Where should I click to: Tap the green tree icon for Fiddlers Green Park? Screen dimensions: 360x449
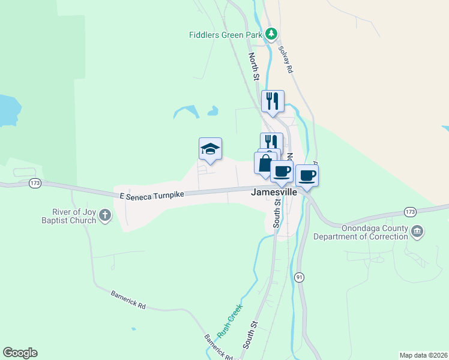[271, 34]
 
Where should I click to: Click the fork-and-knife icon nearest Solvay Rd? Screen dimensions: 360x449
[273, 101]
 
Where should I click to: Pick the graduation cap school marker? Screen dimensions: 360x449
[210, 149]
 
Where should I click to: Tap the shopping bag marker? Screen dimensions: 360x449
[265, 163]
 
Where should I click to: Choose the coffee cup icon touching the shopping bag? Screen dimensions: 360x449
[282, 171]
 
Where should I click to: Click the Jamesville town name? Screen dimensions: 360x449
[274, 193]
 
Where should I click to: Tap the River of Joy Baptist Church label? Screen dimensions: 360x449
[74, 215]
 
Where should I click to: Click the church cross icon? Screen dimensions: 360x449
[105, 215]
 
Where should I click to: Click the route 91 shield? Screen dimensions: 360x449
[299, 277]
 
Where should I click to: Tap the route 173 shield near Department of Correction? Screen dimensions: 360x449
[411, 212]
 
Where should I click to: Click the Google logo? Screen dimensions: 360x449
[20, 353]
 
